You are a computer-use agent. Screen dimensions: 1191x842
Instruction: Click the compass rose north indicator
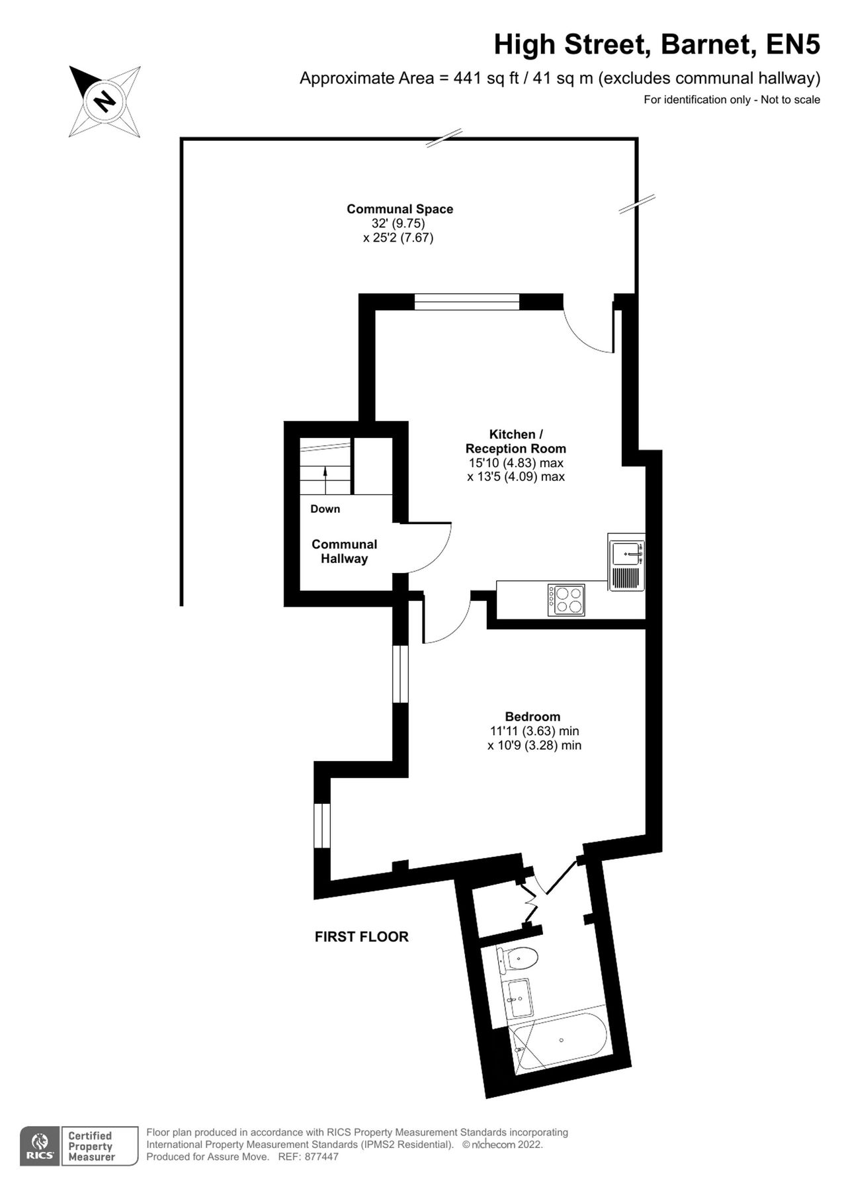tap(104, 101)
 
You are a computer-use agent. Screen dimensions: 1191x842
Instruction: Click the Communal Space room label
tap(400, 209)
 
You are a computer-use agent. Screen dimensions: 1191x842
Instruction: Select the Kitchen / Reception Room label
tap(515, 441)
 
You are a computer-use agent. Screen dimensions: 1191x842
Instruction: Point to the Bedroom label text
tap(532, 717)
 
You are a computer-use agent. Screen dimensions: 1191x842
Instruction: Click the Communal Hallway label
tap(344, 551)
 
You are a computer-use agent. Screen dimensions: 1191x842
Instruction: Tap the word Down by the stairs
tap(325, 509)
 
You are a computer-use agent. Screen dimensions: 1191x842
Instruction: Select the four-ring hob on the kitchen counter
tap(566, 599)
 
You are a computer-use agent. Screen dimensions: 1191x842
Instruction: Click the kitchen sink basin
tap(625, 553)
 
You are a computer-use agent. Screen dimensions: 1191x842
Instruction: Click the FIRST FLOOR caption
tap(361, 936)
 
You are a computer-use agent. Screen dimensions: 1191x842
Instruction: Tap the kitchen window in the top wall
tap(466, 302)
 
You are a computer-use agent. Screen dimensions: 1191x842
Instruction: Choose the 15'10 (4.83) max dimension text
tap(515, 463)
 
